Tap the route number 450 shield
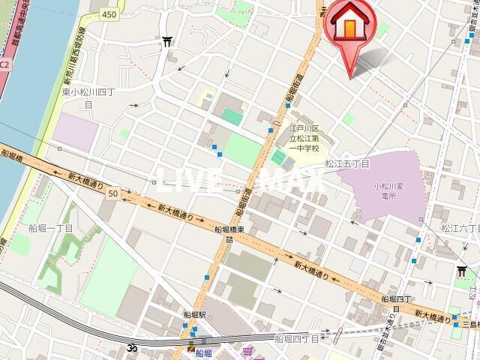(x=110, y=14)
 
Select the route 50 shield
(x=112, y=193)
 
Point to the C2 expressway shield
(x=4, y=64)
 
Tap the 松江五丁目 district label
(x=346, y=163)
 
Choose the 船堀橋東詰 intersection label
(x=232, y=235)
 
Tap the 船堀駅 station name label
(x=193, y=316)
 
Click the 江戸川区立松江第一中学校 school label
(x=305, y=138)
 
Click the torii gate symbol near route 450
(x=166, y=43)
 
